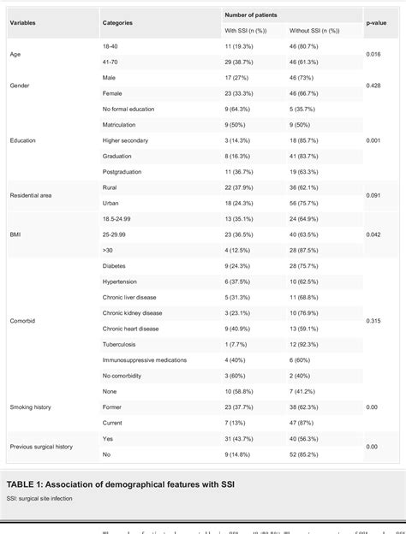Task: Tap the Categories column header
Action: point(117,22)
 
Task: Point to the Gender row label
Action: point(20,86)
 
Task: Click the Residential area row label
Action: point(32,195)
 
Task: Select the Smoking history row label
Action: point(29,406)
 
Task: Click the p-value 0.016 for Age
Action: point(373,53)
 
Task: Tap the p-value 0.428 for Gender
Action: point(373,86)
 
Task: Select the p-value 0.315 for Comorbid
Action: point(373,322)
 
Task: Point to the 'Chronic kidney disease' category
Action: point(131,314)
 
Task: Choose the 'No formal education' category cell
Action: point(128,109)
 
